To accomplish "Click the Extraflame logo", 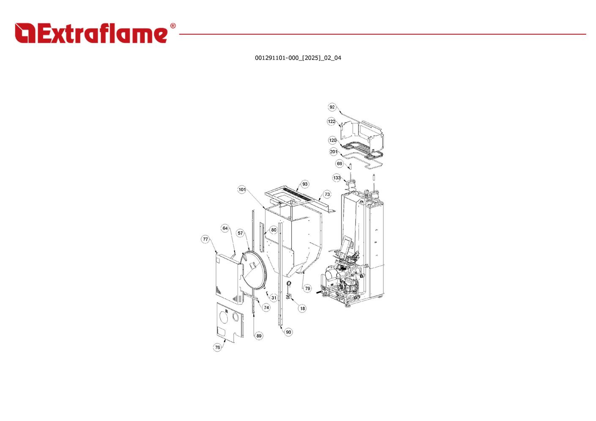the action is (95, 33).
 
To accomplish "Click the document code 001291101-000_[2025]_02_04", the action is (298, 58).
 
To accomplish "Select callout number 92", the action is (332, 107).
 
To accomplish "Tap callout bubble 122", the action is (331, 121).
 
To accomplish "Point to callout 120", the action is (333, 140).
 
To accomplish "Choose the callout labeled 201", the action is (334, 152).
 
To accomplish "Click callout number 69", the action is (339, 164).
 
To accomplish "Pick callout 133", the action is (337, 178).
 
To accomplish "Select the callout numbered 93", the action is (305, 184).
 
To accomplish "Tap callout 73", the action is (327, 194).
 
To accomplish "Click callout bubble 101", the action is (242, 189).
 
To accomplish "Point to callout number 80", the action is (274, 230).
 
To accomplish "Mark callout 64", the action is (225, 228).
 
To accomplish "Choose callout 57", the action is (240, 233).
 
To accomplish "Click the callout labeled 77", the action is (205, 239).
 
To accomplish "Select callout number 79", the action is (308, 288).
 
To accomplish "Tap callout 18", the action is (302, 309).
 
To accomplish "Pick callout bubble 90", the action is (288, 332).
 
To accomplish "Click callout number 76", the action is (217, 347).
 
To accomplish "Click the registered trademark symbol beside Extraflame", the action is (173, 26).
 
